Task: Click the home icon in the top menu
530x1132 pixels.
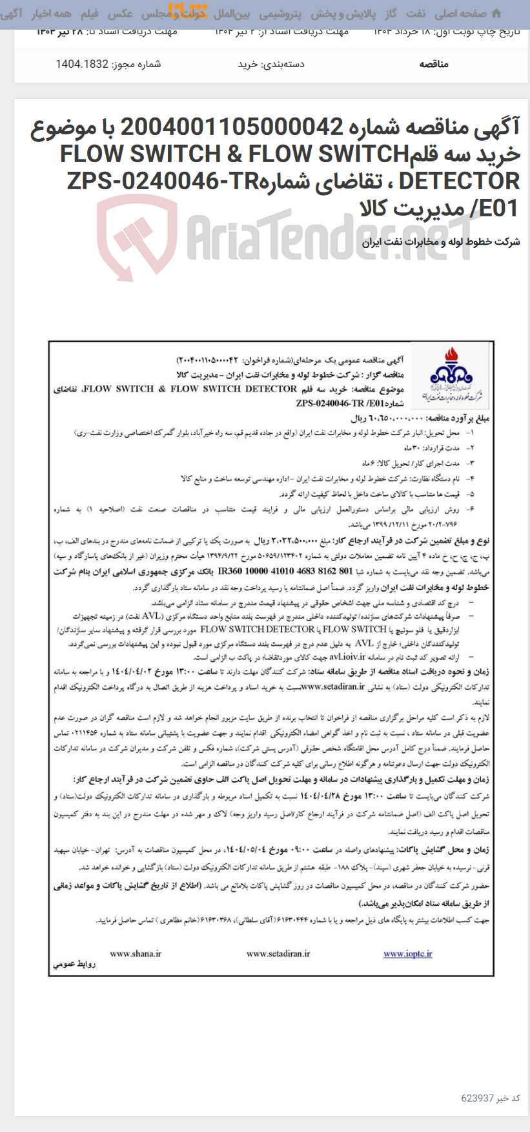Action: (496, 13)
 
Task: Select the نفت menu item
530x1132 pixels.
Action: (415, 14)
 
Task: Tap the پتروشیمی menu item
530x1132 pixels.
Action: (280, 14)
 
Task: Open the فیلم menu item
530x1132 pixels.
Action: (89, 14)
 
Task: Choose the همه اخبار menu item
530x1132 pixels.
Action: (52, 14)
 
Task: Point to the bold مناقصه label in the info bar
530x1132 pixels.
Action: (434, 64)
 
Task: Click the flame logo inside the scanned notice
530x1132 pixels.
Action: (450, 373)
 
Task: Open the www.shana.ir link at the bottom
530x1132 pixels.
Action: (136, 953)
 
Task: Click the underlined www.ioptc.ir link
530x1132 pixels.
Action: (408, 953)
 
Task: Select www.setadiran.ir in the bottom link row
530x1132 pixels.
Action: (278, 953)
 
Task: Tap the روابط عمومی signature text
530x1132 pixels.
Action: (74, 965)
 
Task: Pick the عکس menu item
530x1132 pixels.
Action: (120, 14)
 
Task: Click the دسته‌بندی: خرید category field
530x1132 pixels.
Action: (271, 64)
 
